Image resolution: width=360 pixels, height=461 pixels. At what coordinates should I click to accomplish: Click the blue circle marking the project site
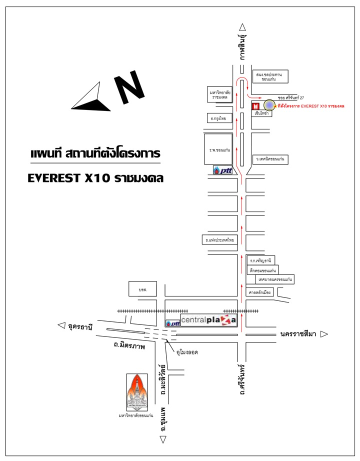[269, 105]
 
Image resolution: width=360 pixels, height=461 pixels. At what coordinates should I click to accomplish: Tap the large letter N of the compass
[129, 89]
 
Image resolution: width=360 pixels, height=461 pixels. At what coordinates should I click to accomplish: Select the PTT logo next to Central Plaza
[172, 323]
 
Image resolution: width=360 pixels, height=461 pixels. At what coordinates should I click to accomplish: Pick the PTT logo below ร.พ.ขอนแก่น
[222, 170]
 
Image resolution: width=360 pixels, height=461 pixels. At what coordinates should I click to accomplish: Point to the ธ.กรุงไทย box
[219, 119]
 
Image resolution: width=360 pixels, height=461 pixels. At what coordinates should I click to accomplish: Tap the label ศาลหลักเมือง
[260, 293]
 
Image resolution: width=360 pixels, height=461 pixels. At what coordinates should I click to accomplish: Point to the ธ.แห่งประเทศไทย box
[219, 240]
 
